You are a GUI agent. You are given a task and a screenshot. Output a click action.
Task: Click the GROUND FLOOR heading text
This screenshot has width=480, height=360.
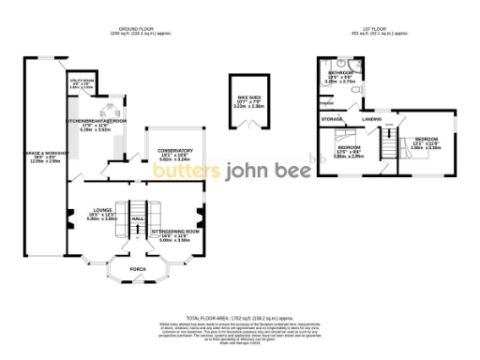point(132,28)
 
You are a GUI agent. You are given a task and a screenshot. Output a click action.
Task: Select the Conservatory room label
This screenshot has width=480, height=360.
point(174,151)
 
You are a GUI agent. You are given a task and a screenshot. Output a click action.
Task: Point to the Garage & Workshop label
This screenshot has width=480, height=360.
point(42,157)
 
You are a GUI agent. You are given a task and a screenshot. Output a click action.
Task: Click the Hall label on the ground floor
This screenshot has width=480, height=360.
point(138,217)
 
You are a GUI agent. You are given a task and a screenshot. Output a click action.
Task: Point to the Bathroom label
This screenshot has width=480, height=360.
point(339,73)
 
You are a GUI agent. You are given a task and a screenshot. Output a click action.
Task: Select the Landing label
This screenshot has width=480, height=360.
point(372,120)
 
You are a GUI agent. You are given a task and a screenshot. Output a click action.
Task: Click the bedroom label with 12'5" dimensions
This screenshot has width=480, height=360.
point(350,148)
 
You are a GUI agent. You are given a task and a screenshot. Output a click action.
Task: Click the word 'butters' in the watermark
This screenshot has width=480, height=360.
point(182,172)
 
